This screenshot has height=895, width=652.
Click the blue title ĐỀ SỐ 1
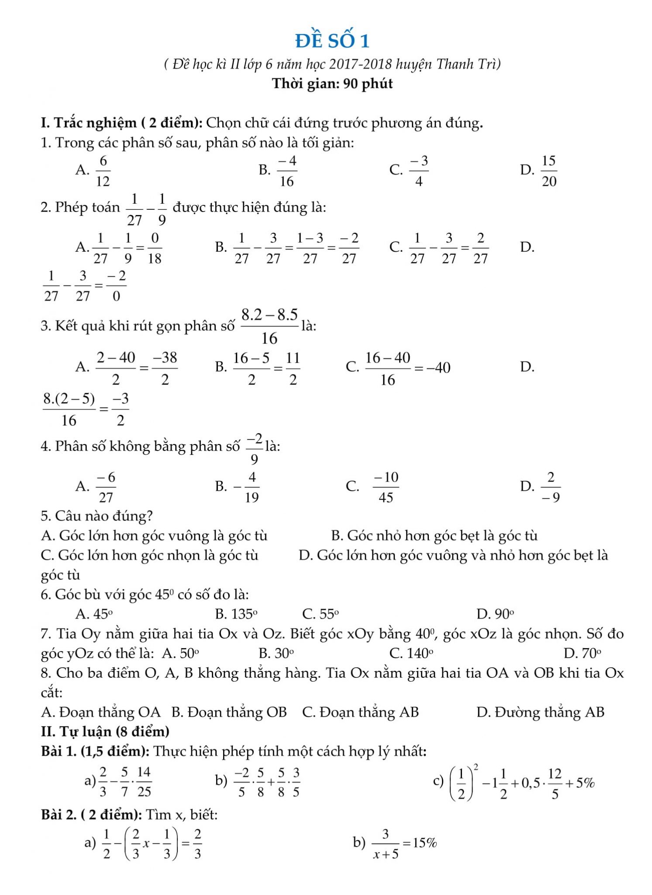tap(332, 41)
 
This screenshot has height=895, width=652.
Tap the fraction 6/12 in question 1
tap(103, 170)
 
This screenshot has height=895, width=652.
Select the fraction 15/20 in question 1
tap(549, 170)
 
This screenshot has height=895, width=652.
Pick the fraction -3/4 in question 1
tap(418, 170)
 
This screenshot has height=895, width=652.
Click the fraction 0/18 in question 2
tap(155, 248)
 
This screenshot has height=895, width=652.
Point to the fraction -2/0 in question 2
tap(116, 286)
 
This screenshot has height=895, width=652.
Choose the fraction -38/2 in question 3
tap(165, 368)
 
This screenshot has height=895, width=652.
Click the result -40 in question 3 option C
tap(438, 368)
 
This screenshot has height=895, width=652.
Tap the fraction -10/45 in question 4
tap(386, 487)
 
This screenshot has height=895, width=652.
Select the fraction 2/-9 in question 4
tap(551, 487)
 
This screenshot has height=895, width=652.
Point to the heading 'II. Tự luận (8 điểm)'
tap(105, 731)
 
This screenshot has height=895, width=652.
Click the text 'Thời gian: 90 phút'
tap(332, 83)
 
